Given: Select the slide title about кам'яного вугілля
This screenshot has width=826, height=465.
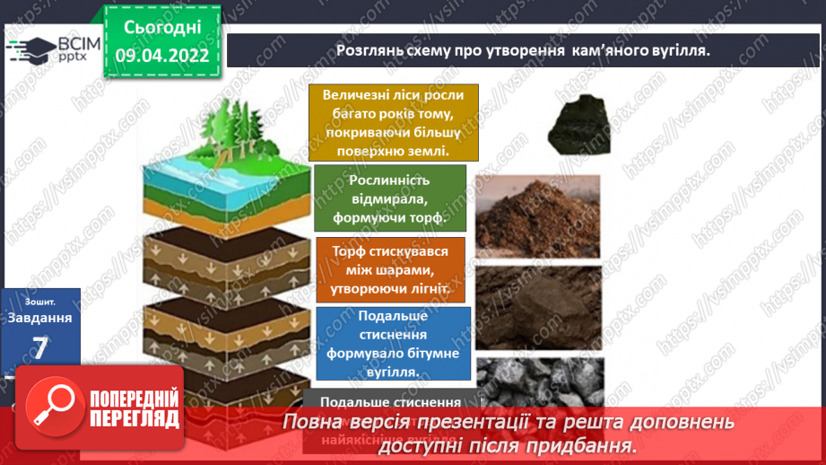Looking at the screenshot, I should pos(522,50).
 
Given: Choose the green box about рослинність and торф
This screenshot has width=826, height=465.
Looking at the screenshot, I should pos(390,198).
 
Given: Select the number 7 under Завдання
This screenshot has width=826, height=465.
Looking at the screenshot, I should pos(39,348).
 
